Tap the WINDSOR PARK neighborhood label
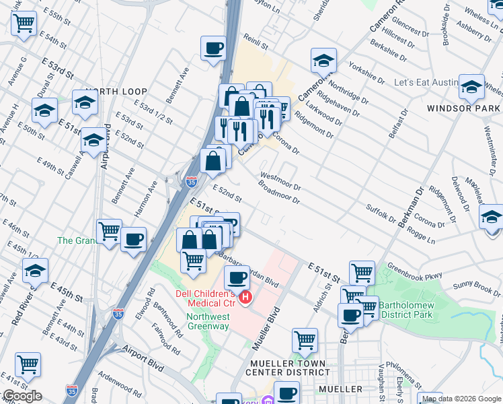(x=463, y=108)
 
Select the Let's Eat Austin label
(x=426, y=82)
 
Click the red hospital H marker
(x=246, y=297)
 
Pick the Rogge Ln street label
(x=421, y=236)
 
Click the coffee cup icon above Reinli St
(x=214, y=48)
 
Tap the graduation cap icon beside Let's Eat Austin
(x=471, y=86)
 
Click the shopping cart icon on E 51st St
(x=362, y=272)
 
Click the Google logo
(x=22, y=396)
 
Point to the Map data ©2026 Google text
(x=461, y=399)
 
